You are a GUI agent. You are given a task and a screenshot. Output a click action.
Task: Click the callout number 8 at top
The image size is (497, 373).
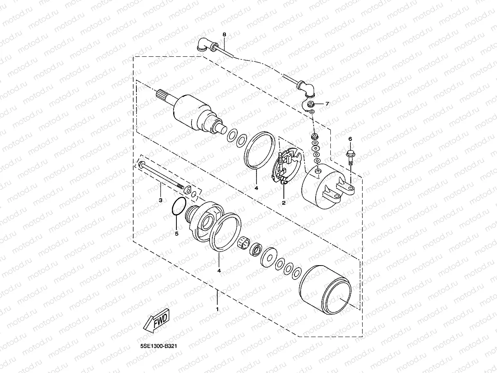(224, 35)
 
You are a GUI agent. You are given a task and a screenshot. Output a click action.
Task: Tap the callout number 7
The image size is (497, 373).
(326, 104)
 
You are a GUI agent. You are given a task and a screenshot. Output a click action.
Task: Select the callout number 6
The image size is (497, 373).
(350, 139)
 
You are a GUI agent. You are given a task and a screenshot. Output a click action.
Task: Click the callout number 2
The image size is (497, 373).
(283, 202)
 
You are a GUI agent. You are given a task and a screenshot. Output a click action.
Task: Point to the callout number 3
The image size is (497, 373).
(160, 201)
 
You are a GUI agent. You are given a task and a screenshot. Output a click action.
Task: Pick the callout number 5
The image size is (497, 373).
(176, 234)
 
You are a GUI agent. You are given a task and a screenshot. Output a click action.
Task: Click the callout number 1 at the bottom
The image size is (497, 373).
(217, 309)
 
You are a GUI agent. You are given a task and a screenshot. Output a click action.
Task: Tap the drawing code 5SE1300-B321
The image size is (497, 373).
(158, 346)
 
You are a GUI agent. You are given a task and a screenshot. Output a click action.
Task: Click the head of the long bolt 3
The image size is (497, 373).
(141, 165)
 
